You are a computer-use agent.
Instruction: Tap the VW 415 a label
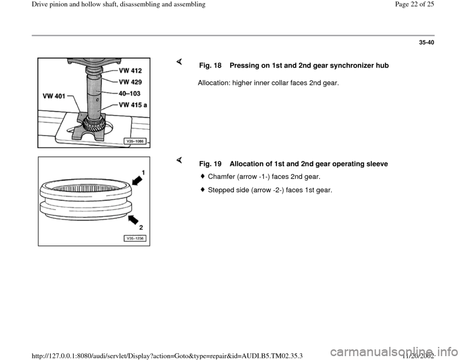(x=132, y=104)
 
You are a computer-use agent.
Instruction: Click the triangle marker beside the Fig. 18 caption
(x=179, y=61)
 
